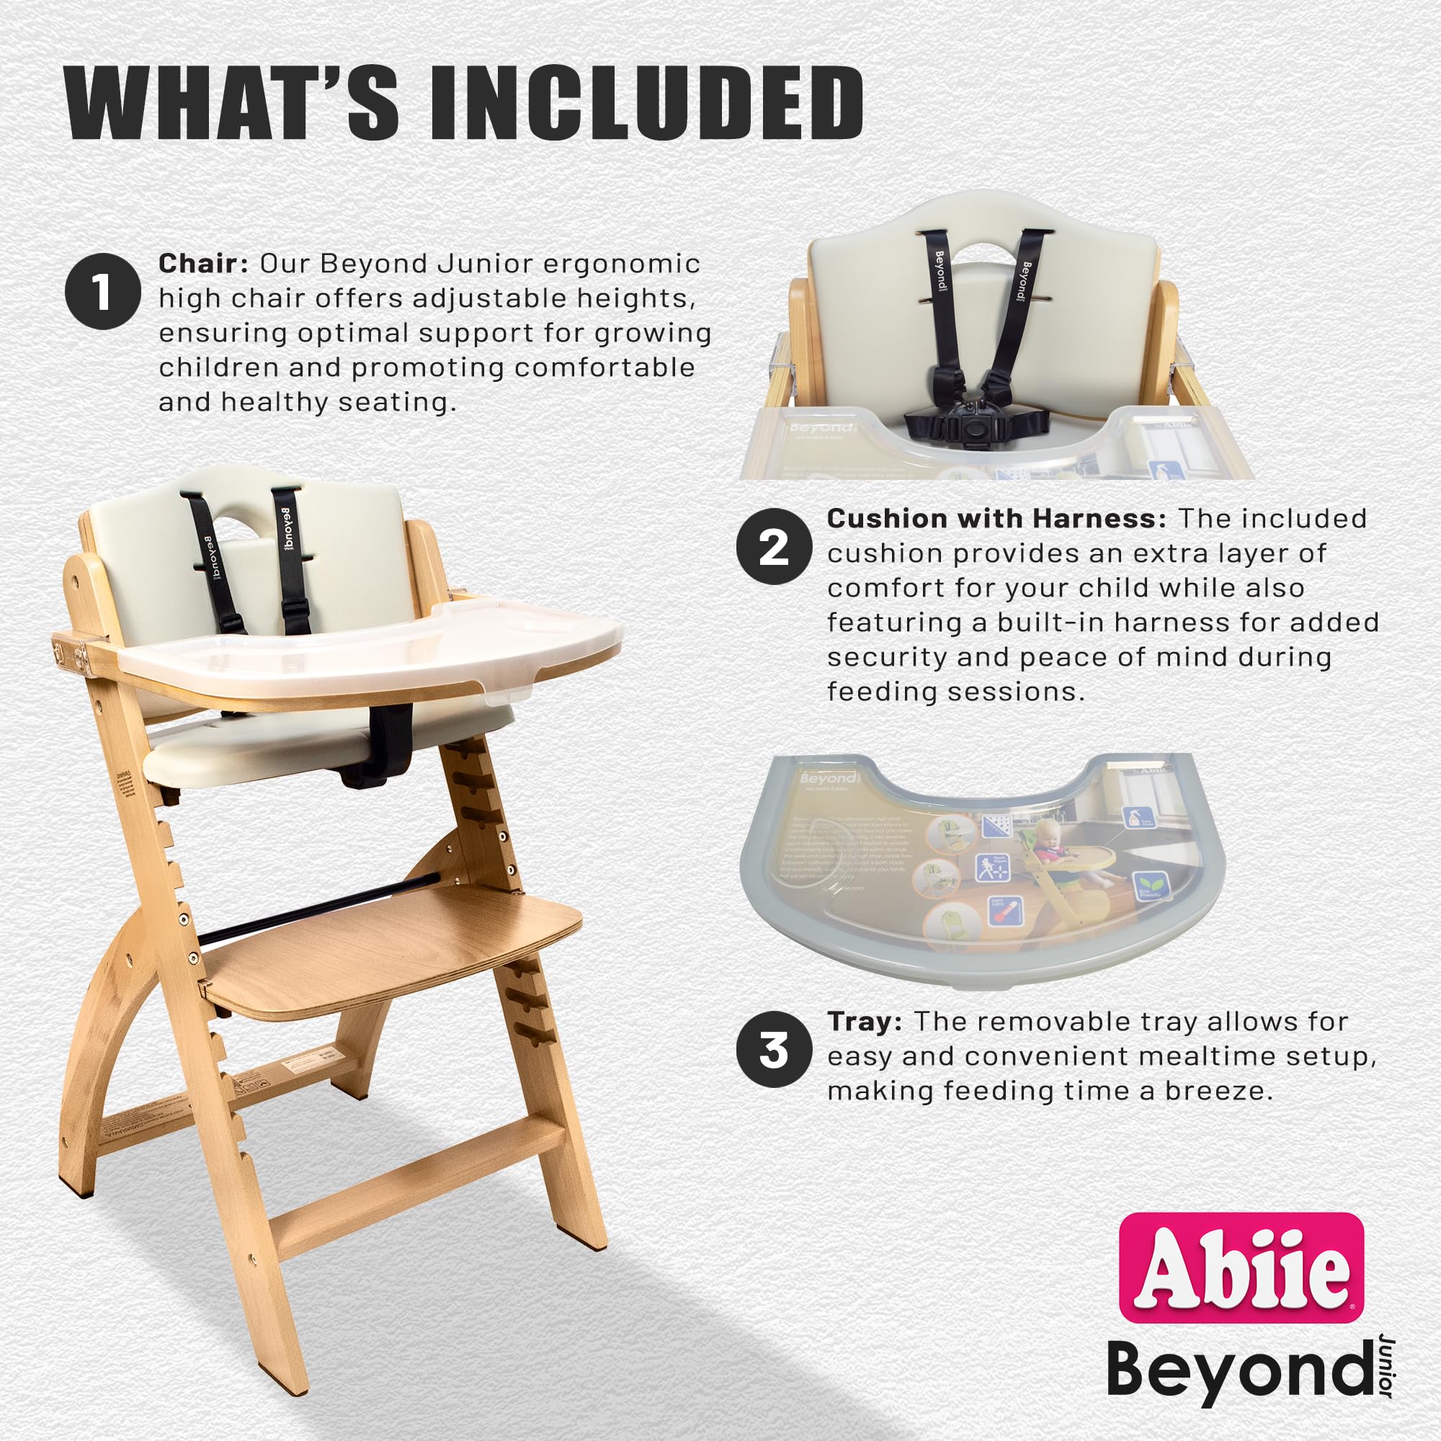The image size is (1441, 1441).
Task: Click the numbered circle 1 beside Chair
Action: pyautogui.click(x=102, y=291)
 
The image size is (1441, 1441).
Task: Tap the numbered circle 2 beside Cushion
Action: pyautogui.click(x=773, y=547)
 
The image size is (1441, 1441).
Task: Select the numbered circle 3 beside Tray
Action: pyautogui.click(x=773, y=1050)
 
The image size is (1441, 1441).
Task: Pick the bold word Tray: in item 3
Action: pyautogui.click(x=865, y=1022)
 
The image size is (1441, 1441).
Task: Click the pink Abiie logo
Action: pyautogui.click(x=1242, y=1268)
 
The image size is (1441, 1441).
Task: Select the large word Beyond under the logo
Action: pyautogui.click(x=1238, y=1370)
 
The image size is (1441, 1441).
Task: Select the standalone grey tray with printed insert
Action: pyautogui.click(x=981, y=869)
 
